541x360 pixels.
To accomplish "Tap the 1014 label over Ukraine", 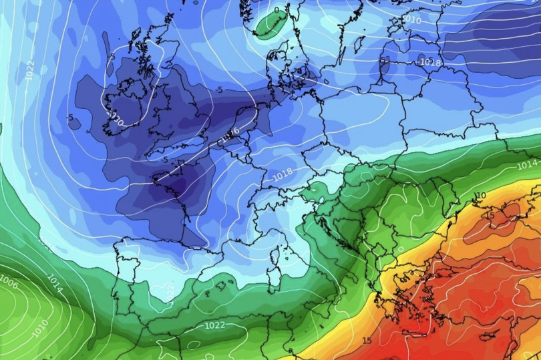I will tap(527, 164).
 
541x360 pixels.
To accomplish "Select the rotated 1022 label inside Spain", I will tap(170, 291).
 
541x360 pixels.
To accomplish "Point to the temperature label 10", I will tap(480, 196).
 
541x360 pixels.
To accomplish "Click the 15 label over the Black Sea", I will tap(490, 216).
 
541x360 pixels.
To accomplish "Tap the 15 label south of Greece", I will tap(367, 341).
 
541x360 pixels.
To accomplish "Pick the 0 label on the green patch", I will tap(277, 10).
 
